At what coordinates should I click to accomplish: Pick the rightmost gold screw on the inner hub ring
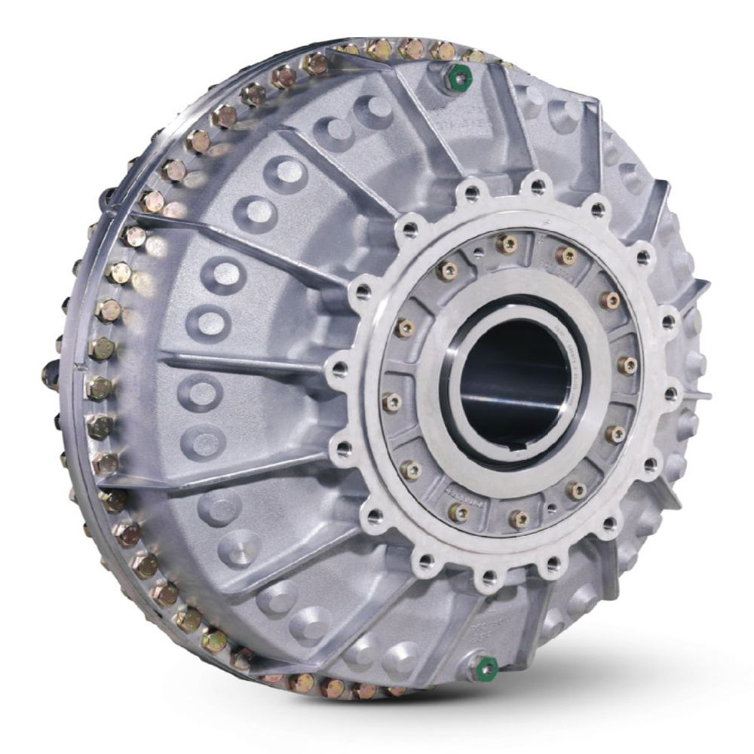pyautogui.click(x=627, y=366)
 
